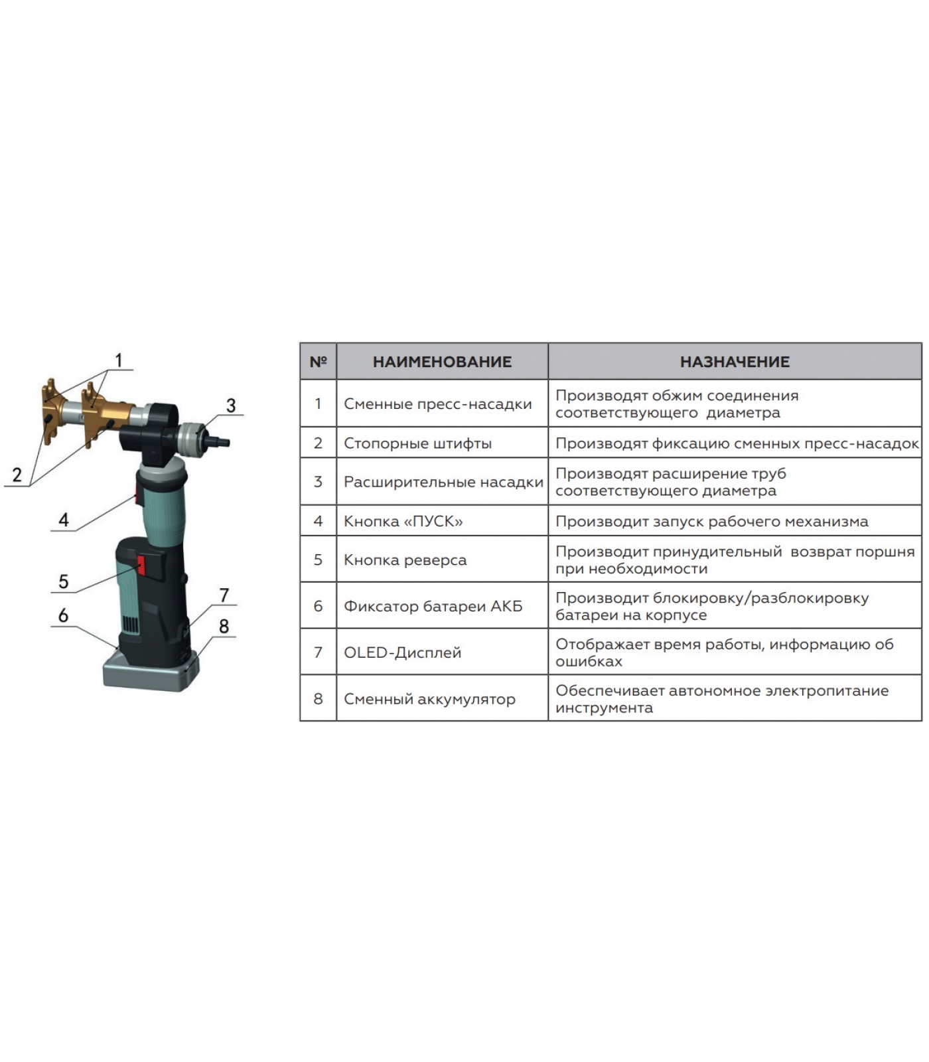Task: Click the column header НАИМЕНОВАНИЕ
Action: point(442,362)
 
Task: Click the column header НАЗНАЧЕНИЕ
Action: point(735,362)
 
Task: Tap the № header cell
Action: point(319,362)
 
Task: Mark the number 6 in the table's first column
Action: point(319,606)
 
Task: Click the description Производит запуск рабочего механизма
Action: point(712,521)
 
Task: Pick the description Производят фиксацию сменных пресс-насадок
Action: point(737,443)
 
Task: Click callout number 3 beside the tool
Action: point(231,406)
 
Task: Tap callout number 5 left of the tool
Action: point(64,581)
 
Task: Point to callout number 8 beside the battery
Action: point(224,626)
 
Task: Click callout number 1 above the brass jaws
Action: point(119,360)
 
